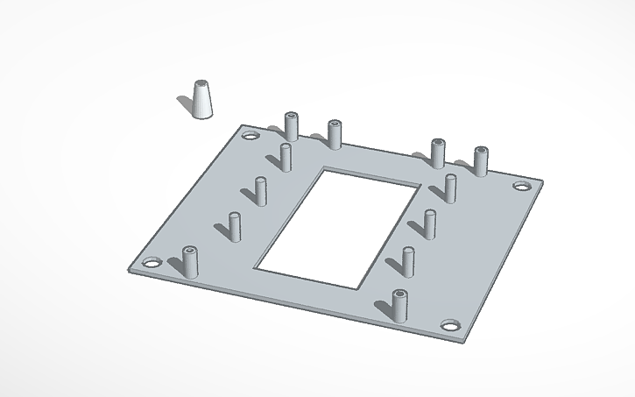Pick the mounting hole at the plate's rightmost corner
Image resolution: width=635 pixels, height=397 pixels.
click(521, 186)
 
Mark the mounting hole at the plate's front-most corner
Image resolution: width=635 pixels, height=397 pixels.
click(451, 325)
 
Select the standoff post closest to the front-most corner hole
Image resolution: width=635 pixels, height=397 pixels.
click(399, 305)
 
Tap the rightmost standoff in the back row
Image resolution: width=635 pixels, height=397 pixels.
click(481, 161)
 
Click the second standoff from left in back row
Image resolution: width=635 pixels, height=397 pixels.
click(334, 134)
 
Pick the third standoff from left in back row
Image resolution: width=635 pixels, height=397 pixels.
click(437, 152)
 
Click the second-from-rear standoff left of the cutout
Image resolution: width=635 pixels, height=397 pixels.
click(261, 190)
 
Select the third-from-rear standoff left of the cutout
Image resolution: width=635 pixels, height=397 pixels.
click(234, 225)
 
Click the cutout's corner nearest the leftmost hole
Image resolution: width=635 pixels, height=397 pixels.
click(257, 266)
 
